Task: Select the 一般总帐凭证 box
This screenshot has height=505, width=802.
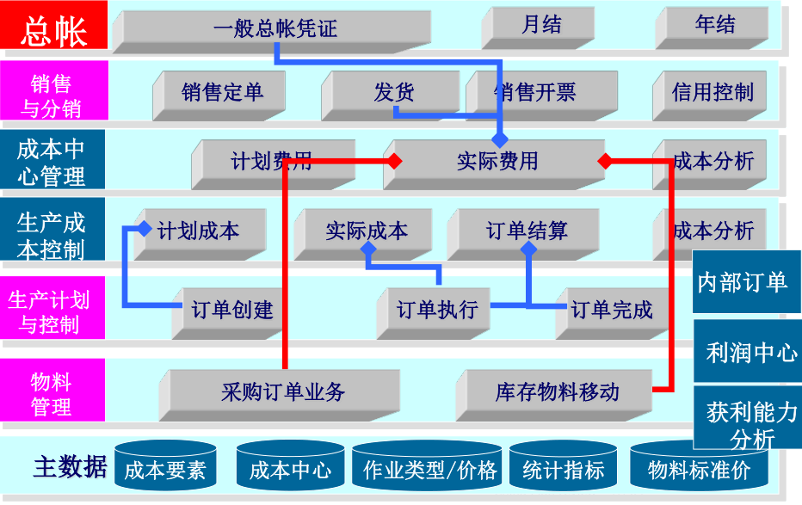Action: tap(275, 28)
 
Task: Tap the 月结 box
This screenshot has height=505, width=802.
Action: tap(541, 26)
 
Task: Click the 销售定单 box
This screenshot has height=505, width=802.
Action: tap(222, 93)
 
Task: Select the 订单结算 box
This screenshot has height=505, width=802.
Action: tap(527, 231)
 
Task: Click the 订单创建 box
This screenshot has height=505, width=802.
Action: tap(232, 310)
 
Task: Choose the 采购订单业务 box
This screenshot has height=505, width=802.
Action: tap(283, 392)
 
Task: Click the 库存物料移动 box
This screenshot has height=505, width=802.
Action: tap(558, 392)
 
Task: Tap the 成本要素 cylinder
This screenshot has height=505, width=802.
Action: tap(164, 470)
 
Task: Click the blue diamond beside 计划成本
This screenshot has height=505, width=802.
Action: tap(145, 230)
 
